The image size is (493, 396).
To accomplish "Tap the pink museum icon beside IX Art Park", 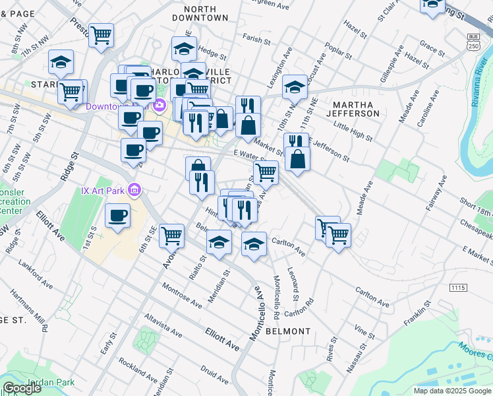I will tap(135, 191).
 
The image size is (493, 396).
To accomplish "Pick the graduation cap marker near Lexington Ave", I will tap(295, 87).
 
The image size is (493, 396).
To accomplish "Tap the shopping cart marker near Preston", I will tap(101, 35).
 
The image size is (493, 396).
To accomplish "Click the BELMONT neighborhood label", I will tap(287, 331).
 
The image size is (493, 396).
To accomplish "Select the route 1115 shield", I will tap(457, 288).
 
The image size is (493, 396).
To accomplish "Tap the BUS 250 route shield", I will tap(472, 41).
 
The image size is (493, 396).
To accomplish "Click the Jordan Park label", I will tap(50, 382).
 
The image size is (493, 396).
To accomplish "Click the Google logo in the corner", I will tap(22, 388).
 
